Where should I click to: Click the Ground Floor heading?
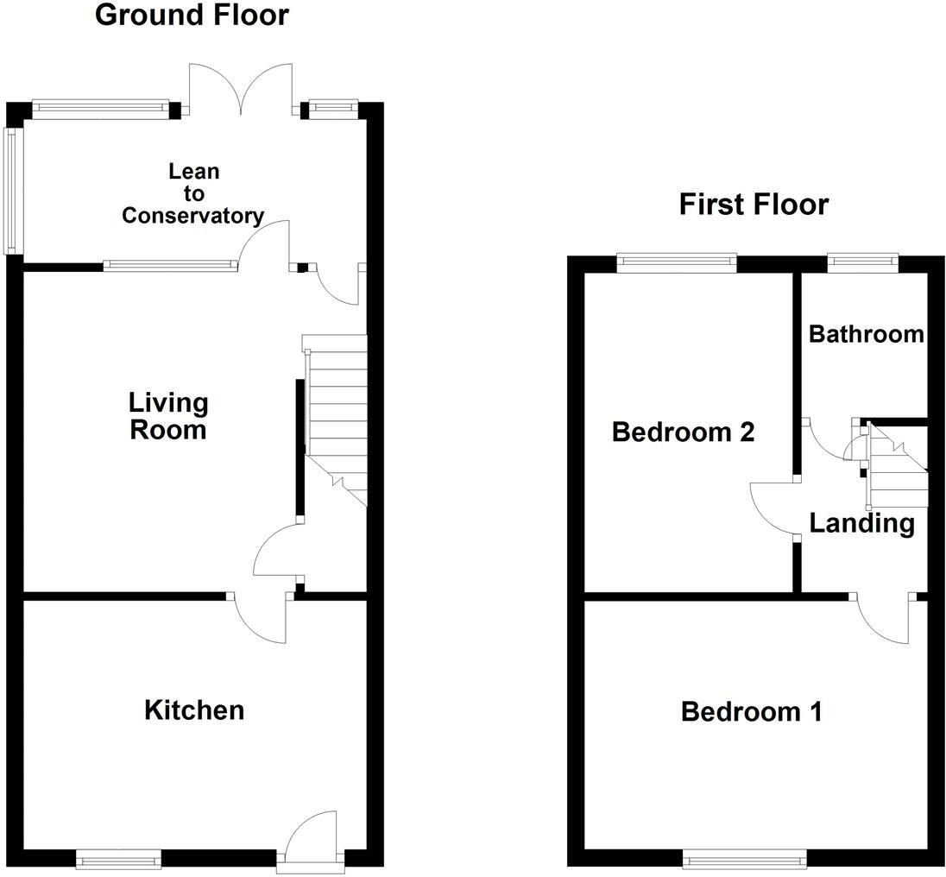click(x=192, y=15)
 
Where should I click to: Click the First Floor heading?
click(x=754, y=205)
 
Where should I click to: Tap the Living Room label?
click(x=168, y=416)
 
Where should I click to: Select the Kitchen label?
click(x=194, y=710)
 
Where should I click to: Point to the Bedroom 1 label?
click(x=751, y=712)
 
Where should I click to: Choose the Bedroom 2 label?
click(x=683, y=432)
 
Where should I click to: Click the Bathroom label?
click(x=866, y=334)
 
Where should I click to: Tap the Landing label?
click(x=861, y=523)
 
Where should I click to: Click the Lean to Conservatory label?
click(x=192, y=194)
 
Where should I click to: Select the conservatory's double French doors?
click(x=242, y=91)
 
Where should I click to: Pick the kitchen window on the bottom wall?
click(x=118, y=858)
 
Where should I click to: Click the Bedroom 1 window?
click(x=744, y=858)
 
